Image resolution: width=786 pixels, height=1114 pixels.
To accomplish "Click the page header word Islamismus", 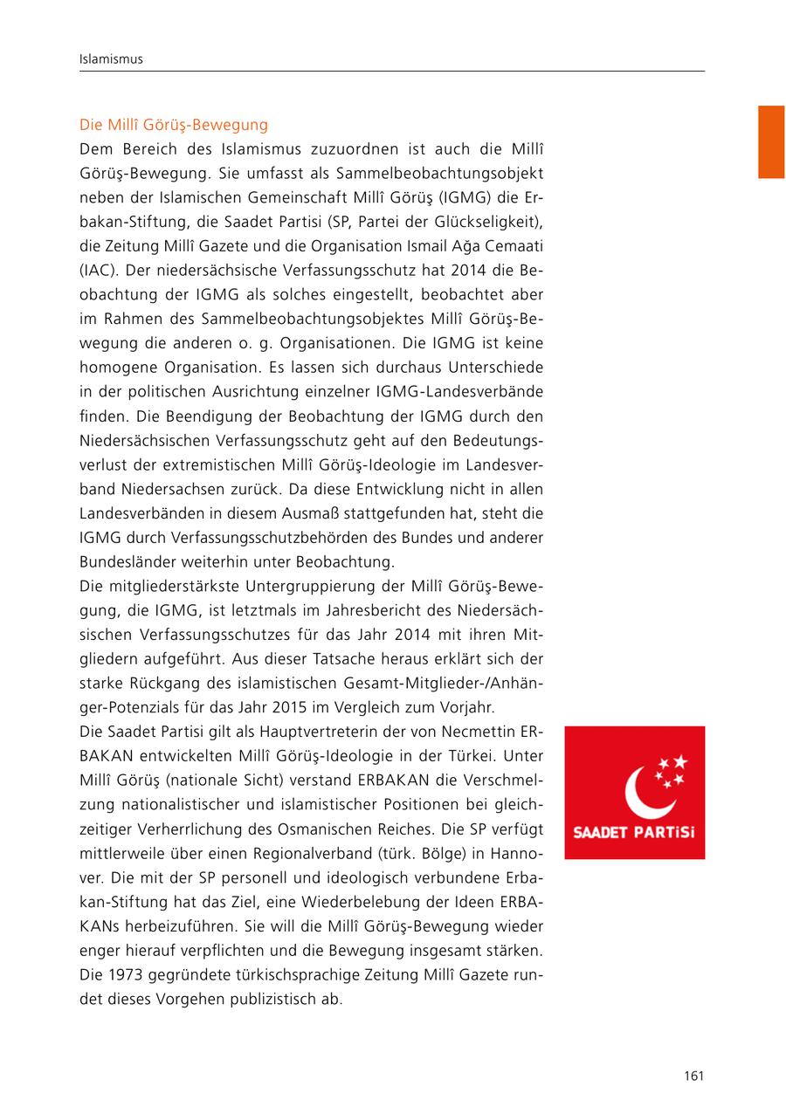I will tap(110, 59).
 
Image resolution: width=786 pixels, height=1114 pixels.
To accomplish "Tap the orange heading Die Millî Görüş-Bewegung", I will tap(174, 125).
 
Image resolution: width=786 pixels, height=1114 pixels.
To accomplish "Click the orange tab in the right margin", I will tap(771, 141).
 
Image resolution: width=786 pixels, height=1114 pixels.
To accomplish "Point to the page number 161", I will tap(693, 1076).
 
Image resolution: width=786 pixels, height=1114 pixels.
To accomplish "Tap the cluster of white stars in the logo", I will tap(671, 771).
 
